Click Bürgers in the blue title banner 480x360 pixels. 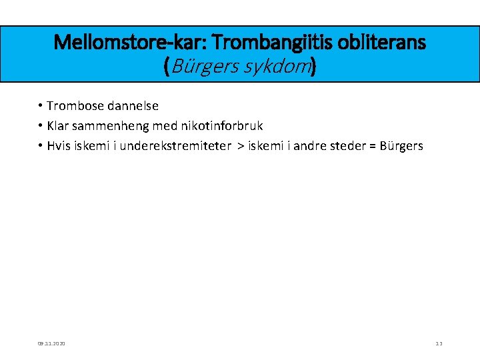point(205,67)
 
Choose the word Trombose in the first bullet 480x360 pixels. point(75,106)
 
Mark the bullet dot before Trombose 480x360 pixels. point(41,106)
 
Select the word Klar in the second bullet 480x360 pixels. point(59,126)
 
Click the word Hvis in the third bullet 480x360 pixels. point(59,146)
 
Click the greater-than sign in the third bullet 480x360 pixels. point(241,146)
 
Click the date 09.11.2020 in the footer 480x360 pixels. point(51,343)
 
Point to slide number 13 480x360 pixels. point(439,343)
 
